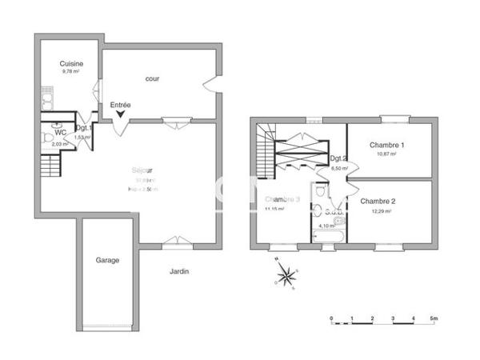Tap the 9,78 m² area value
coord(72,71)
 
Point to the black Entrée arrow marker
coord(120,114)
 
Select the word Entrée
coord(120,105)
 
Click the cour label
coord(152,78)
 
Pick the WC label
coord(59,133)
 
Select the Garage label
coord(108,260)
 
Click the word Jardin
coord(179,271)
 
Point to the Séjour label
coord(142,170)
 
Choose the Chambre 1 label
coord(386,145)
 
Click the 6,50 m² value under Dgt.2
coord(341,169)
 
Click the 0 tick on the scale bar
coord(331,318)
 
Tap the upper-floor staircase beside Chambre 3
coord(264,152)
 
